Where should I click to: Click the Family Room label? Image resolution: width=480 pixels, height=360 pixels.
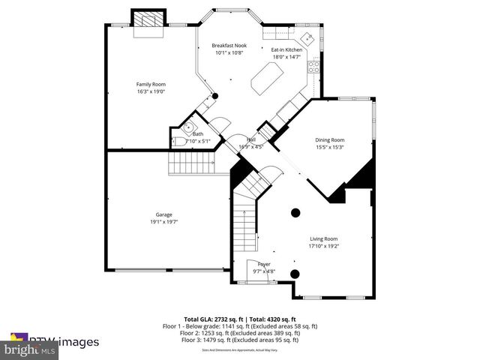[150, 84]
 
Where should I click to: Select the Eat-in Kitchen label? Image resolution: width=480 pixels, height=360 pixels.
[286, 49]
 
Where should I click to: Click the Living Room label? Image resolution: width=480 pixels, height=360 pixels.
[325, 238]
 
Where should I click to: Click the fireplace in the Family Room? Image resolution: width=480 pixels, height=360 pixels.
[147, 23]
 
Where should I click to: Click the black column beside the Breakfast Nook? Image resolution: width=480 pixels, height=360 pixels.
[214, 96]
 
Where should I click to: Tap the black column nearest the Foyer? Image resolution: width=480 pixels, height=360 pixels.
[295, 273]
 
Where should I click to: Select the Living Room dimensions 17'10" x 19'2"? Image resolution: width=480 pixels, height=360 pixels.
[325, 245]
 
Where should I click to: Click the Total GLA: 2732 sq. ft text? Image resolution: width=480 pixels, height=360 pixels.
[211, 319]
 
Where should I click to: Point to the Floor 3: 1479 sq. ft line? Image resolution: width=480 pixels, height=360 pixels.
[240, 340]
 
